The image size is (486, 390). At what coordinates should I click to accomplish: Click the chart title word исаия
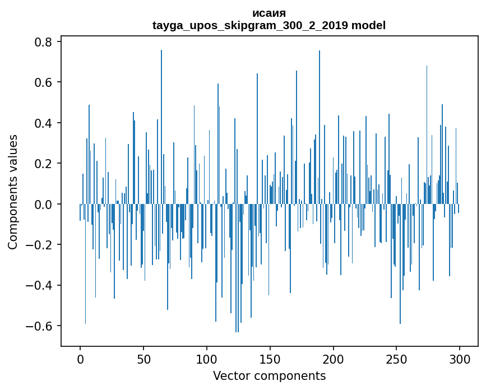(269, 13)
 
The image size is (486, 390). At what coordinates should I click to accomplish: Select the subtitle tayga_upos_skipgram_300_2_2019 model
(269, 26)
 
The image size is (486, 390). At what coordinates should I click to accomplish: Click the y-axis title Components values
(12, 192)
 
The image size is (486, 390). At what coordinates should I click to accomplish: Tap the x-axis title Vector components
(269, 375)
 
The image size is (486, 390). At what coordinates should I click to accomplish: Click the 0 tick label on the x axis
(80, 357)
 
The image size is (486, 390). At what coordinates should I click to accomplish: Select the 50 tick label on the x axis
(144, 357)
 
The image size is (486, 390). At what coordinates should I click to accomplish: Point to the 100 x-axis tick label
(207, 357)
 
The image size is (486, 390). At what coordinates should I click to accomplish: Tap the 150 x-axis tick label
(270, 357)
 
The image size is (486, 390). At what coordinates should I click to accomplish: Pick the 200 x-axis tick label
(334, 357)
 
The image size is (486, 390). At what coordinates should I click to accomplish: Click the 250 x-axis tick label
(396, 357)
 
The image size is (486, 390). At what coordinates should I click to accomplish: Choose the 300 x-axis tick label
(460, 357)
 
